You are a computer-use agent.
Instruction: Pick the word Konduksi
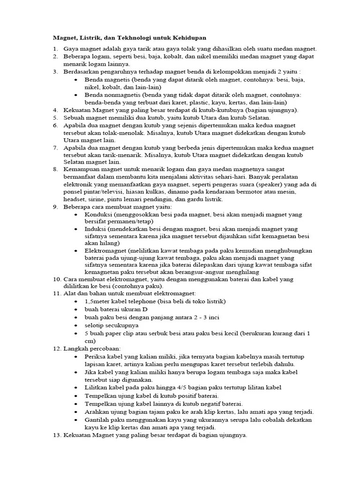pos(99,214)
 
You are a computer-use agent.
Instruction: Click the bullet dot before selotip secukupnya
pos(77,325)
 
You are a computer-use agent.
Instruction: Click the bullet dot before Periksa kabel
pos(77,357)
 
